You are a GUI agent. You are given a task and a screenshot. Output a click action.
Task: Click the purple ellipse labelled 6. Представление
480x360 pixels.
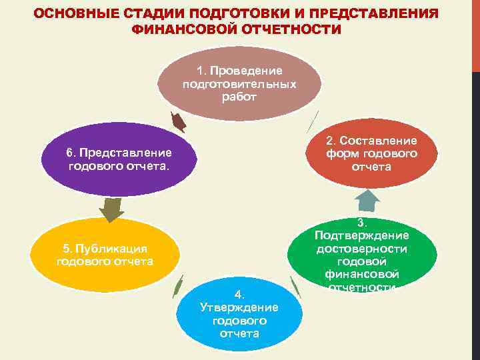point(119,159)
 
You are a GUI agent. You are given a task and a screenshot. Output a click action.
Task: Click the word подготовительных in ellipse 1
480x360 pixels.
point(239,84)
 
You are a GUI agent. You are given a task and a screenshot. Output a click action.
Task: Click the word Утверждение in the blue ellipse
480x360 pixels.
point(239,307)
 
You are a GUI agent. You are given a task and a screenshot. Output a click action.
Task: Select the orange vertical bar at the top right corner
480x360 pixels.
point(475,33)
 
